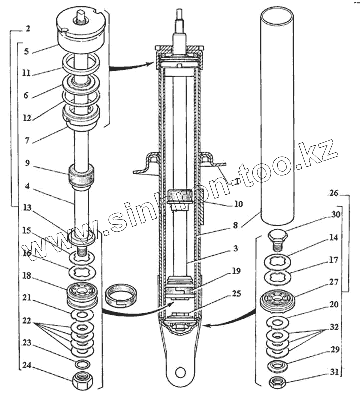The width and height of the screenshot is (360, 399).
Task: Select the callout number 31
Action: (335, 372)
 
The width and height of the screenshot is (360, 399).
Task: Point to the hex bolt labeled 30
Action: (277, 239)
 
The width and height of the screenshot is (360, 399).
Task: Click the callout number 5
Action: (27, 52)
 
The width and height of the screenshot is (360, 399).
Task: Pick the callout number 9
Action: (27, 163)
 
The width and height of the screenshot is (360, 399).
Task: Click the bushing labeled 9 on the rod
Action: (82, 175)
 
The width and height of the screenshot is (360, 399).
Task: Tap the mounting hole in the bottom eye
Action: (180, 373)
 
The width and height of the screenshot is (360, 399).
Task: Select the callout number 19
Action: (236, 271)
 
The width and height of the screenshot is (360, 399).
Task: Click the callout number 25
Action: (236, 293)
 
